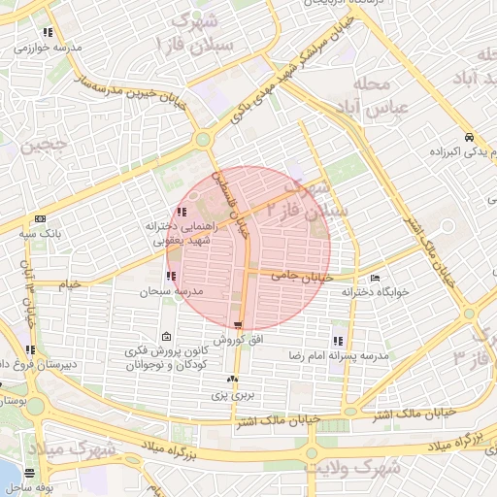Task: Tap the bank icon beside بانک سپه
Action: pos(40,219)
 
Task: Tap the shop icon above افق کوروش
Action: pos(238,325)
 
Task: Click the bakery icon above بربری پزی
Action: pos(232,380)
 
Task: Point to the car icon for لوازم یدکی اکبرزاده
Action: pos(469,137)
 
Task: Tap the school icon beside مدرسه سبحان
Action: pos(171,277)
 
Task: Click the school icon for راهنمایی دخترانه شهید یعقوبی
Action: pos(182,212)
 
